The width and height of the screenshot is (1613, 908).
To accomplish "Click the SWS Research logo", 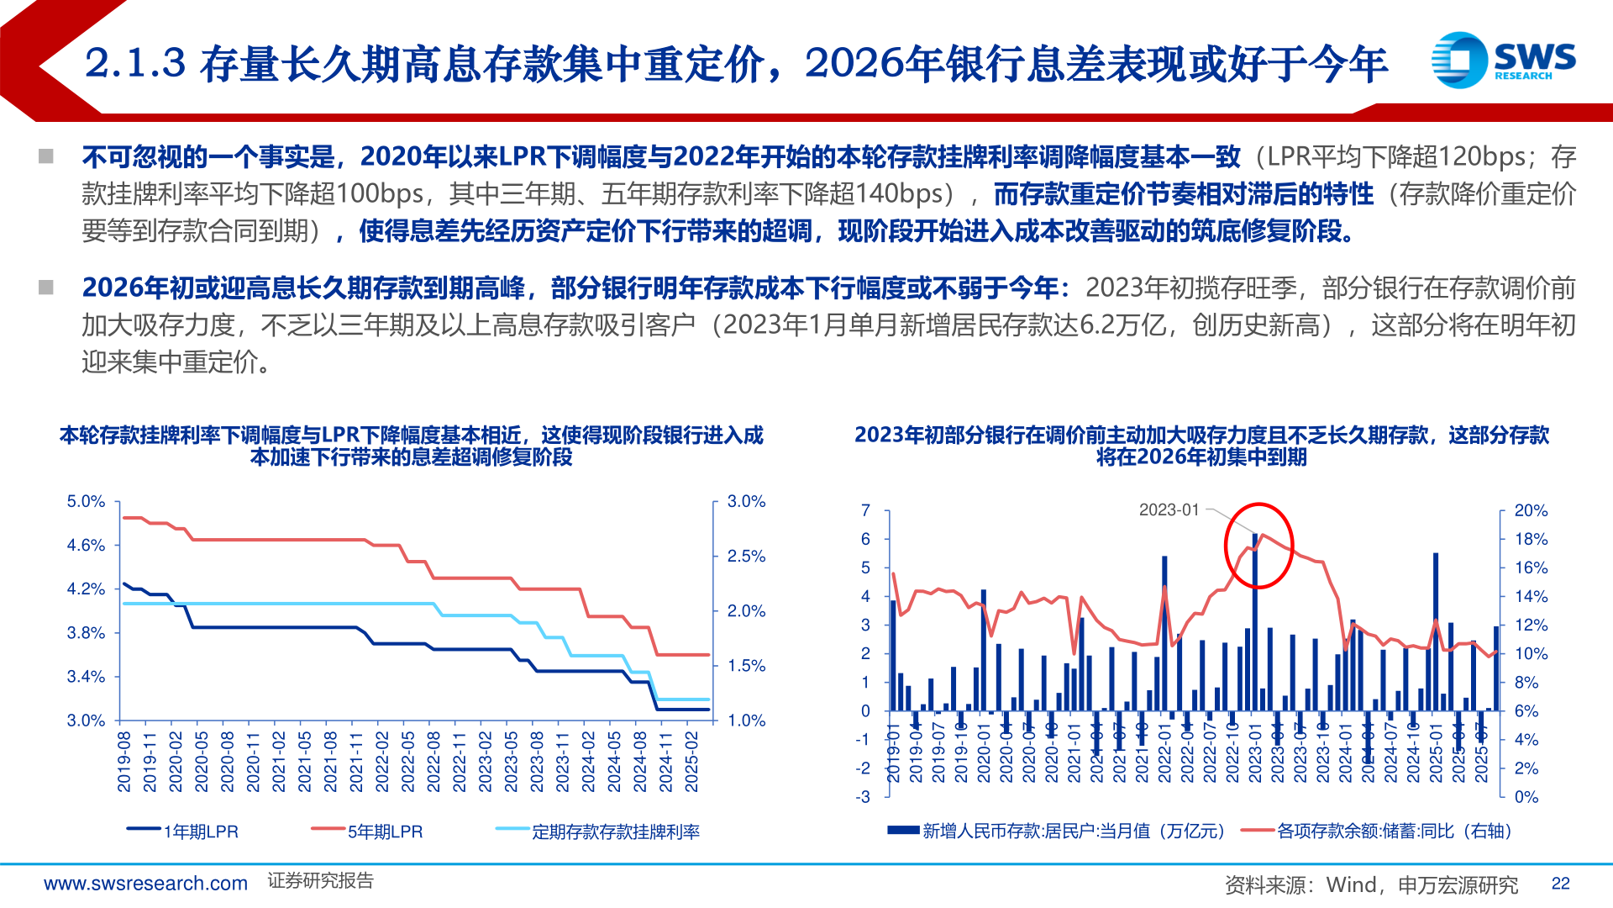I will click(x=1503, y=60).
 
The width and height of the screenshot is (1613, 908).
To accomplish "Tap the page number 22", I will click(x=1560, y=884).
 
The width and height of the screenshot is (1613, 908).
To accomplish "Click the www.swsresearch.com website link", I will click(x=145, y=884).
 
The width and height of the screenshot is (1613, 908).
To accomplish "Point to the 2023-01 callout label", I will click(x=1169, y=509).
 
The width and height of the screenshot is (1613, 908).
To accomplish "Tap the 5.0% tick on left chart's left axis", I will click(x=86, y=502).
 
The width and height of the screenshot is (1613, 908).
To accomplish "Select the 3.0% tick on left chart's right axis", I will click(x=746, y=502).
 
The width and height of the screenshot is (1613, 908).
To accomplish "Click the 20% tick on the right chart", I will click(x=1530, y=510).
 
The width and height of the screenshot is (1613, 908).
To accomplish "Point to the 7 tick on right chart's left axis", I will click(x=865, y=510).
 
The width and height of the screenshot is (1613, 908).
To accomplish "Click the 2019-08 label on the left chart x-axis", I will click(x=124, y=761).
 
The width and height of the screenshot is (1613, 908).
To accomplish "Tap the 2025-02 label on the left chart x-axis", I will click(x=691, y=761).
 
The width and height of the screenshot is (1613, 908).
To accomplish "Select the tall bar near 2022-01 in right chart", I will click(x=1164, y=631).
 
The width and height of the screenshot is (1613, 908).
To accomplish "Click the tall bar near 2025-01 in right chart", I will click(x=1436, y=631).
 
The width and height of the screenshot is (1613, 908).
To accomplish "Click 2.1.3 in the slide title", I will click(x=134, y=64).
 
